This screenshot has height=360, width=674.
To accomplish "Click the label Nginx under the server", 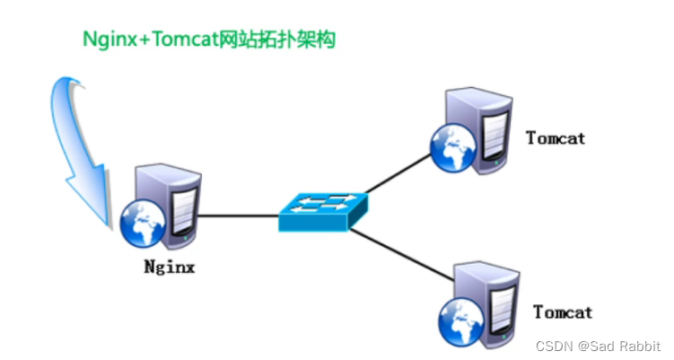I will coord(170,267).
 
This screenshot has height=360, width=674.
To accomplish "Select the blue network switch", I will coord(322,209).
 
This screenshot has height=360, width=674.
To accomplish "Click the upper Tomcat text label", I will coord(556,138).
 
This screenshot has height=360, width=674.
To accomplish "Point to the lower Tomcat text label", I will coord(563,312).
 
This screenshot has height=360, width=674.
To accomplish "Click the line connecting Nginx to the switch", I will coord(237,215).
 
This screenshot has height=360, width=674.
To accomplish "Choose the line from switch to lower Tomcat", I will coord(403,256).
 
